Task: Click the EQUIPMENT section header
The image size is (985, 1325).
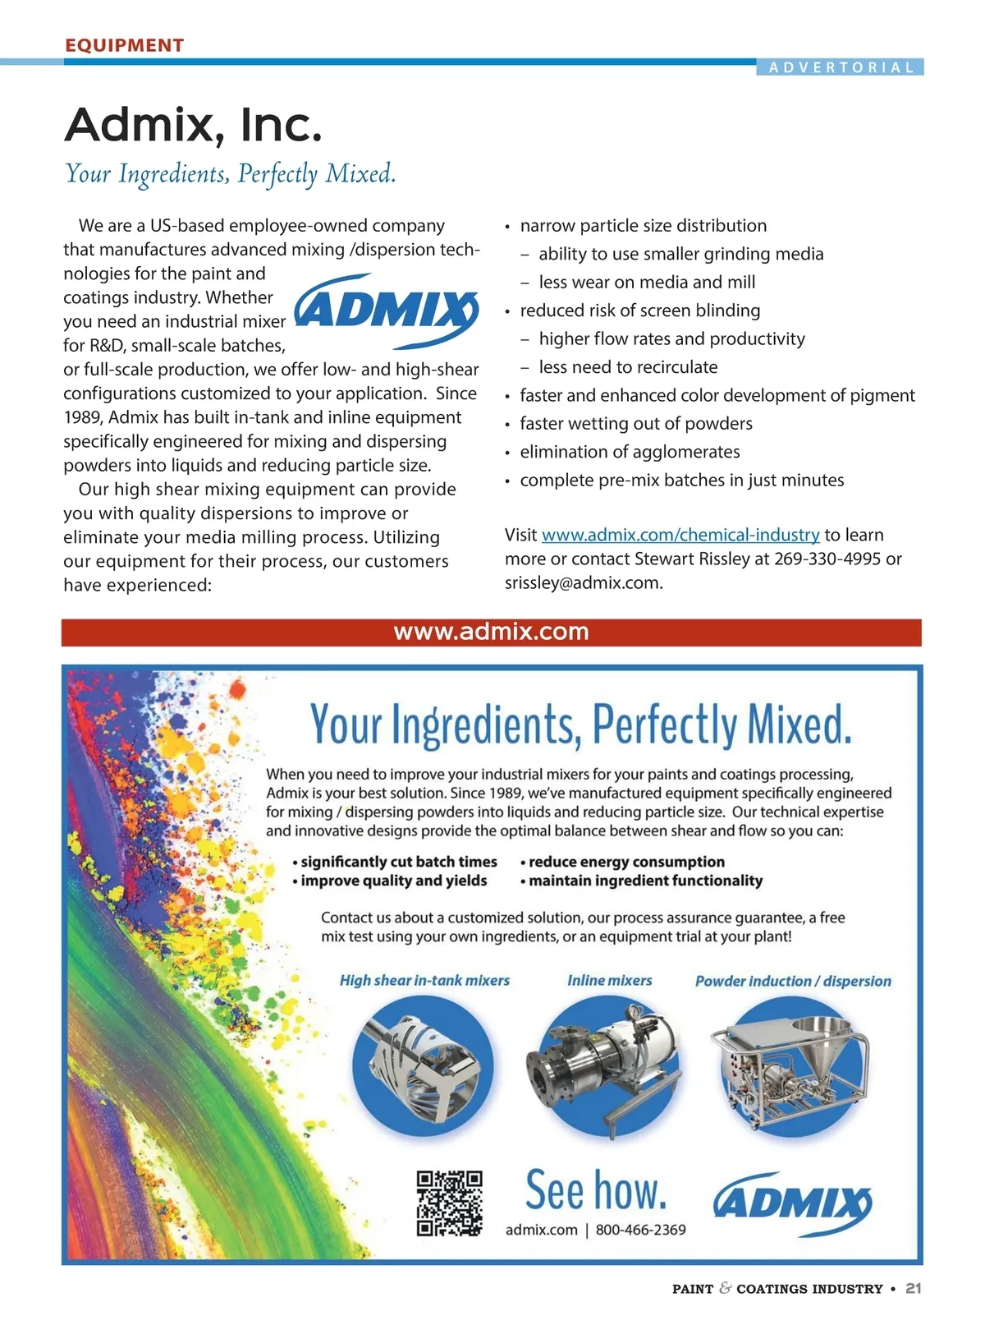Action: pos(124,45)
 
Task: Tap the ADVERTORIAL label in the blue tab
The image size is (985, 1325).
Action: pos(841,67)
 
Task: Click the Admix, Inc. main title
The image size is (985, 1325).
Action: pos(193,125)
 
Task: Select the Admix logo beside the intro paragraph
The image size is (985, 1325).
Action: pos(386,311)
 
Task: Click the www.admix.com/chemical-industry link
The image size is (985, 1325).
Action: pos(680,535)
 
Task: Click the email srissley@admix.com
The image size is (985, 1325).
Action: pos(582,582)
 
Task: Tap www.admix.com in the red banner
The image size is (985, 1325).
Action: pos(491,632)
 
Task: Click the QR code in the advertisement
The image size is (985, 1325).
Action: pos(449,1203)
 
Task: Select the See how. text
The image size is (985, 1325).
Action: pos(596,1190)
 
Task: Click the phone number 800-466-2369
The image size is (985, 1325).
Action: pos(640,1230)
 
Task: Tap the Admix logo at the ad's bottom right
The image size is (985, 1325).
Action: pos(792,1203)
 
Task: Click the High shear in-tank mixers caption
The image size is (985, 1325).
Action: pos(424,980)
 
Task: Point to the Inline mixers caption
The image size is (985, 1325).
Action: pos(609,980)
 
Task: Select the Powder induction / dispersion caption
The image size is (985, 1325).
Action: pos(793,981)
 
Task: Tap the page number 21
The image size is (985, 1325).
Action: pos(914,1289)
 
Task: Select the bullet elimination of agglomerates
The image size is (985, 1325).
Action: pos(630,452)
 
